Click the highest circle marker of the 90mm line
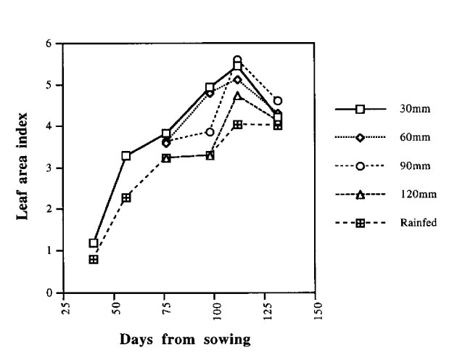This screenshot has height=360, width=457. [237, 60]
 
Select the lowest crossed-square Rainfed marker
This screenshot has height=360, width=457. [94, 259]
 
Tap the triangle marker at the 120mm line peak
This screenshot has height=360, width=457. [237, 96]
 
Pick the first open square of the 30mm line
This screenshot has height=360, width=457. [94, 243]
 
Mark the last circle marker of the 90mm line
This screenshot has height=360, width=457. [278, 101]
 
